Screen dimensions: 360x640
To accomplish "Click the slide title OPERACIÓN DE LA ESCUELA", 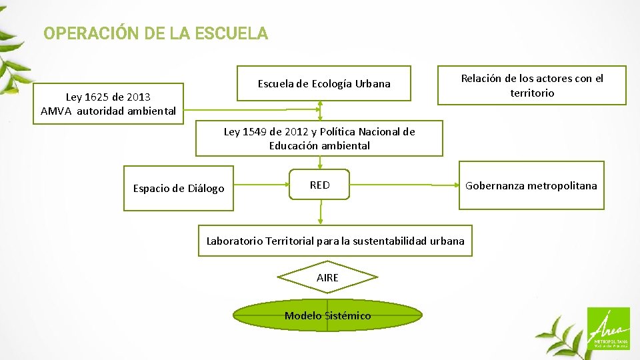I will (x=155, y=33).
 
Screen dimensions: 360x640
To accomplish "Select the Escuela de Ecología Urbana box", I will (x=324, y=83).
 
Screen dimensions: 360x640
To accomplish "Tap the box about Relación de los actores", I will (x=531, y=85).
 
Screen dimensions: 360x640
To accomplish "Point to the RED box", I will (x=319, y=185).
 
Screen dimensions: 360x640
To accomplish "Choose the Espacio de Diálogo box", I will (x=178, y=189).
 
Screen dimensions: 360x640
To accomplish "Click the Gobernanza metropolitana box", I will (x=531, y=185).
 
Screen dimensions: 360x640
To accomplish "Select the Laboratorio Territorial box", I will (x=335, y=241).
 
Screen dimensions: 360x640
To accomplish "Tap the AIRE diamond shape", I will (x=327, y=277).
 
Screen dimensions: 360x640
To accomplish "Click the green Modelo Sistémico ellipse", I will (x=327, y=315).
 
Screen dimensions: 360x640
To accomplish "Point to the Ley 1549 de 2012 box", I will (x=319, y=138).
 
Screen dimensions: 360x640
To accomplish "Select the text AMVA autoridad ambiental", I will (x=108, y=111).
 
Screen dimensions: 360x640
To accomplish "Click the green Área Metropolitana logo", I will (x=607, y=328).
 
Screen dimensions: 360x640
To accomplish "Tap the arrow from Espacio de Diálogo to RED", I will (x=261, y=180).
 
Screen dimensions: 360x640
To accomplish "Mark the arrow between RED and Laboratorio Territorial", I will (x=321, y=213).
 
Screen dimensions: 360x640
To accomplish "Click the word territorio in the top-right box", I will (x=532, y=93).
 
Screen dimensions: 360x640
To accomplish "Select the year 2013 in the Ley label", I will (x=138, y=97).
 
